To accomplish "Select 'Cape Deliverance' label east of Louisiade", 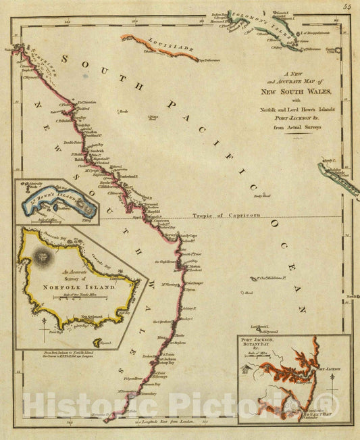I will (x=210, y=59).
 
